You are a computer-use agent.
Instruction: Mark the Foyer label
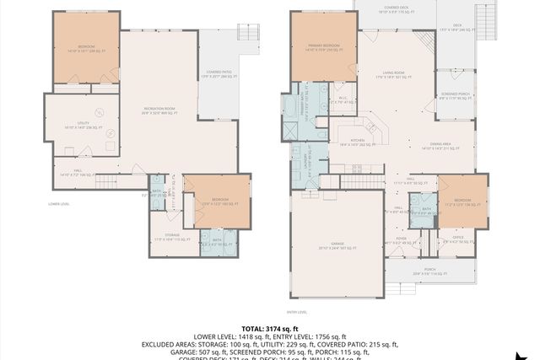[x=401, y=240]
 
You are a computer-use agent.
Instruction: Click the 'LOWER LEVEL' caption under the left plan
[x=59, y=204]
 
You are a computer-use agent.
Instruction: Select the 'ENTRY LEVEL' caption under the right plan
[x=296, y=311]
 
